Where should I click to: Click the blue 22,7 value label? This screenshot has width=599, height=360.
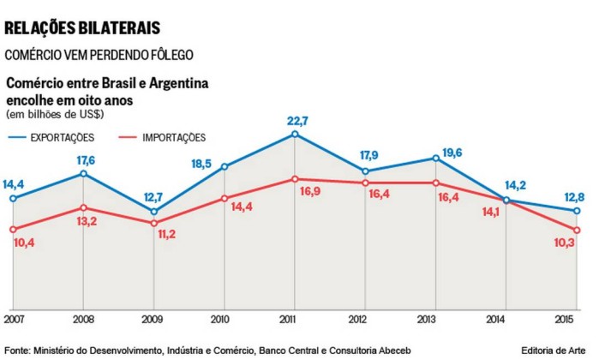(x=295, y=120)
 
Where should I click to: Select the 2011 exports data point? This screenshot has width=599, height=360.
(x=295, y=135)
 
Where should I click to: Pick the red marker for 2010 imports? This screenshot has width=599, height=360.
(x=225, y=199)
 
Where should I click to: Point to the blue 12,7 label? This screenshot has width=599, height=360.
(x=154, y=196)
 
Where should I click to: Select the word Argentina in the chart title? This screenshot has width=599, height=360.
(x=178, y=84)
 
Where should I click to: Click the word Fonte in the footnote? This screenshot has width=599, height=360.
(x=18, y=349)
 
